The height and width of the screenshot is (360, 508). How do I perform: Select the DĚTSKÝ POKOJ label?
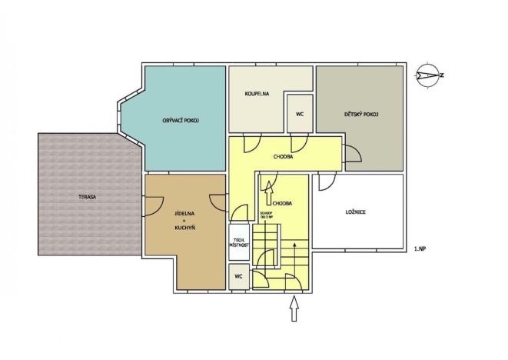tap(359, 115)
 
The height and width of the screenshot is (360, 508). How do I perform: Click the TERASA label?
tap(86, 197)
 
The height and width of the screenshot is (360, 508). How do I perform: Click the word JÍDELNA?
tap(184, 213)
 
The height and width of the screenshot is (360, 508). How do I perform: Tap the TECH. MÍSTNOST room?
tap(238, 242)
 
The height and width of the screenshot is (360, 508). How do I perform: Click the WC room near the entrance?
tap(238, 276)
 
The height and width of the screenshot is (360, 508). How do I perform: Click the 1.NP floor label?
tap(420, 248)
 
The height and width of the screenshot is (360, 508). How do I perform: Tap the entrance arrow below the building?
tap(294, 310)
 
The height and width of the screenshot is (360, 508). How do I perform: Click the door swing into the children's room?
tap(353, 155)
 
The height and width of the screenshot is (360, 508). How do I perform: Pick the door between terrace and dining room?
tap(152, 205)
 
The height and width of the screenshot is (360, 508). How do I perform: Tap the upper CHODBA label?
tap(283, 156)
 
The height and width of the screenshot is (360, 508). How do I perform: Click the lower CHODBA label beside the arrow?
tap(281, 203)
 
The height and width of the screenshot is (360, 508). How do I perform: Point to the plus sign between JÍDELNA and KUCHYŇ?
tap(184, 222)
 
